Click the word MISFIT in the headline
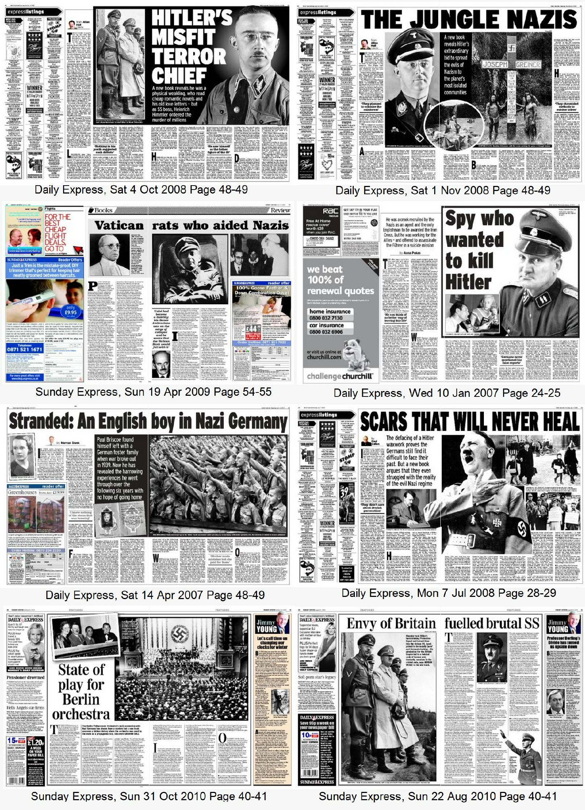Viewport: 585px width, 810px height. [x=183, y=37]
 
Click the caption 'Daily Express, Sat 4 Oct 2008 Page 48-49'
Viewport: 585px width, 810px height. [x=141, y=190]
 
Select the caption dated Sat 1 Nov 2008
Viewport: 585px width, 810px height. [x=443, y=191]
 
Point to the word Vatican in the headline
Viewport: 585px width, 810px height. [x=119, y=225]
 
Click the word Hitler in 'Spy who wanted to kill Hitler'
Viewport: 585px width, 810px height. [x=468, y=282]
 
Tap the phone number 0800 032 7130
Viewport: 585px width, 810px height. [x=325, y=318]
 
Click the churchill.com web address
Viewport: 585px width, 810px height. [x=324, y=357]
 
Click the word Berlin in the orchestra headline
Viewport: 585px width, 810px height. [x=81, y=699]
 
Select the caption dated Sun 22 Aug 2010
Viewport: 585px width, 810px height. [x=438, y=796]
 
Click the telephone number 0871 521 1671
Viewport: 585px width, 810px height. [x=25, y=349]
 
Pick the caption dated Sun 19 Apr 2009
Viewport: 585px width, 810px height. [x=153, y=392]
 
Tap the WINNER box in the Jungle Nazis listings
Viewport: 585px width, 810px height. [x=327, y=80]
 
